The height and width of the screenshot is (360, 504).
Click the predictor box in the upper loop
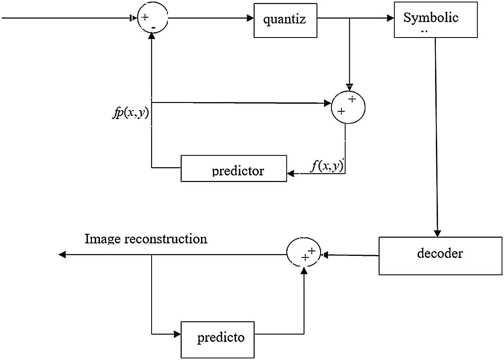pos(234,169)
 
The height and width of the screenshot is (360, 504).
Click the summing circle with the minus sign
pos(152,19)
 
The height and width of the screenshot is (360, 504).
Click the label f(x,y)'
pos(327,166)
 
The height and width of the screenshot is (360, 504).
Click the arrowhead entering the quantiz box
pos(250,19)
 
